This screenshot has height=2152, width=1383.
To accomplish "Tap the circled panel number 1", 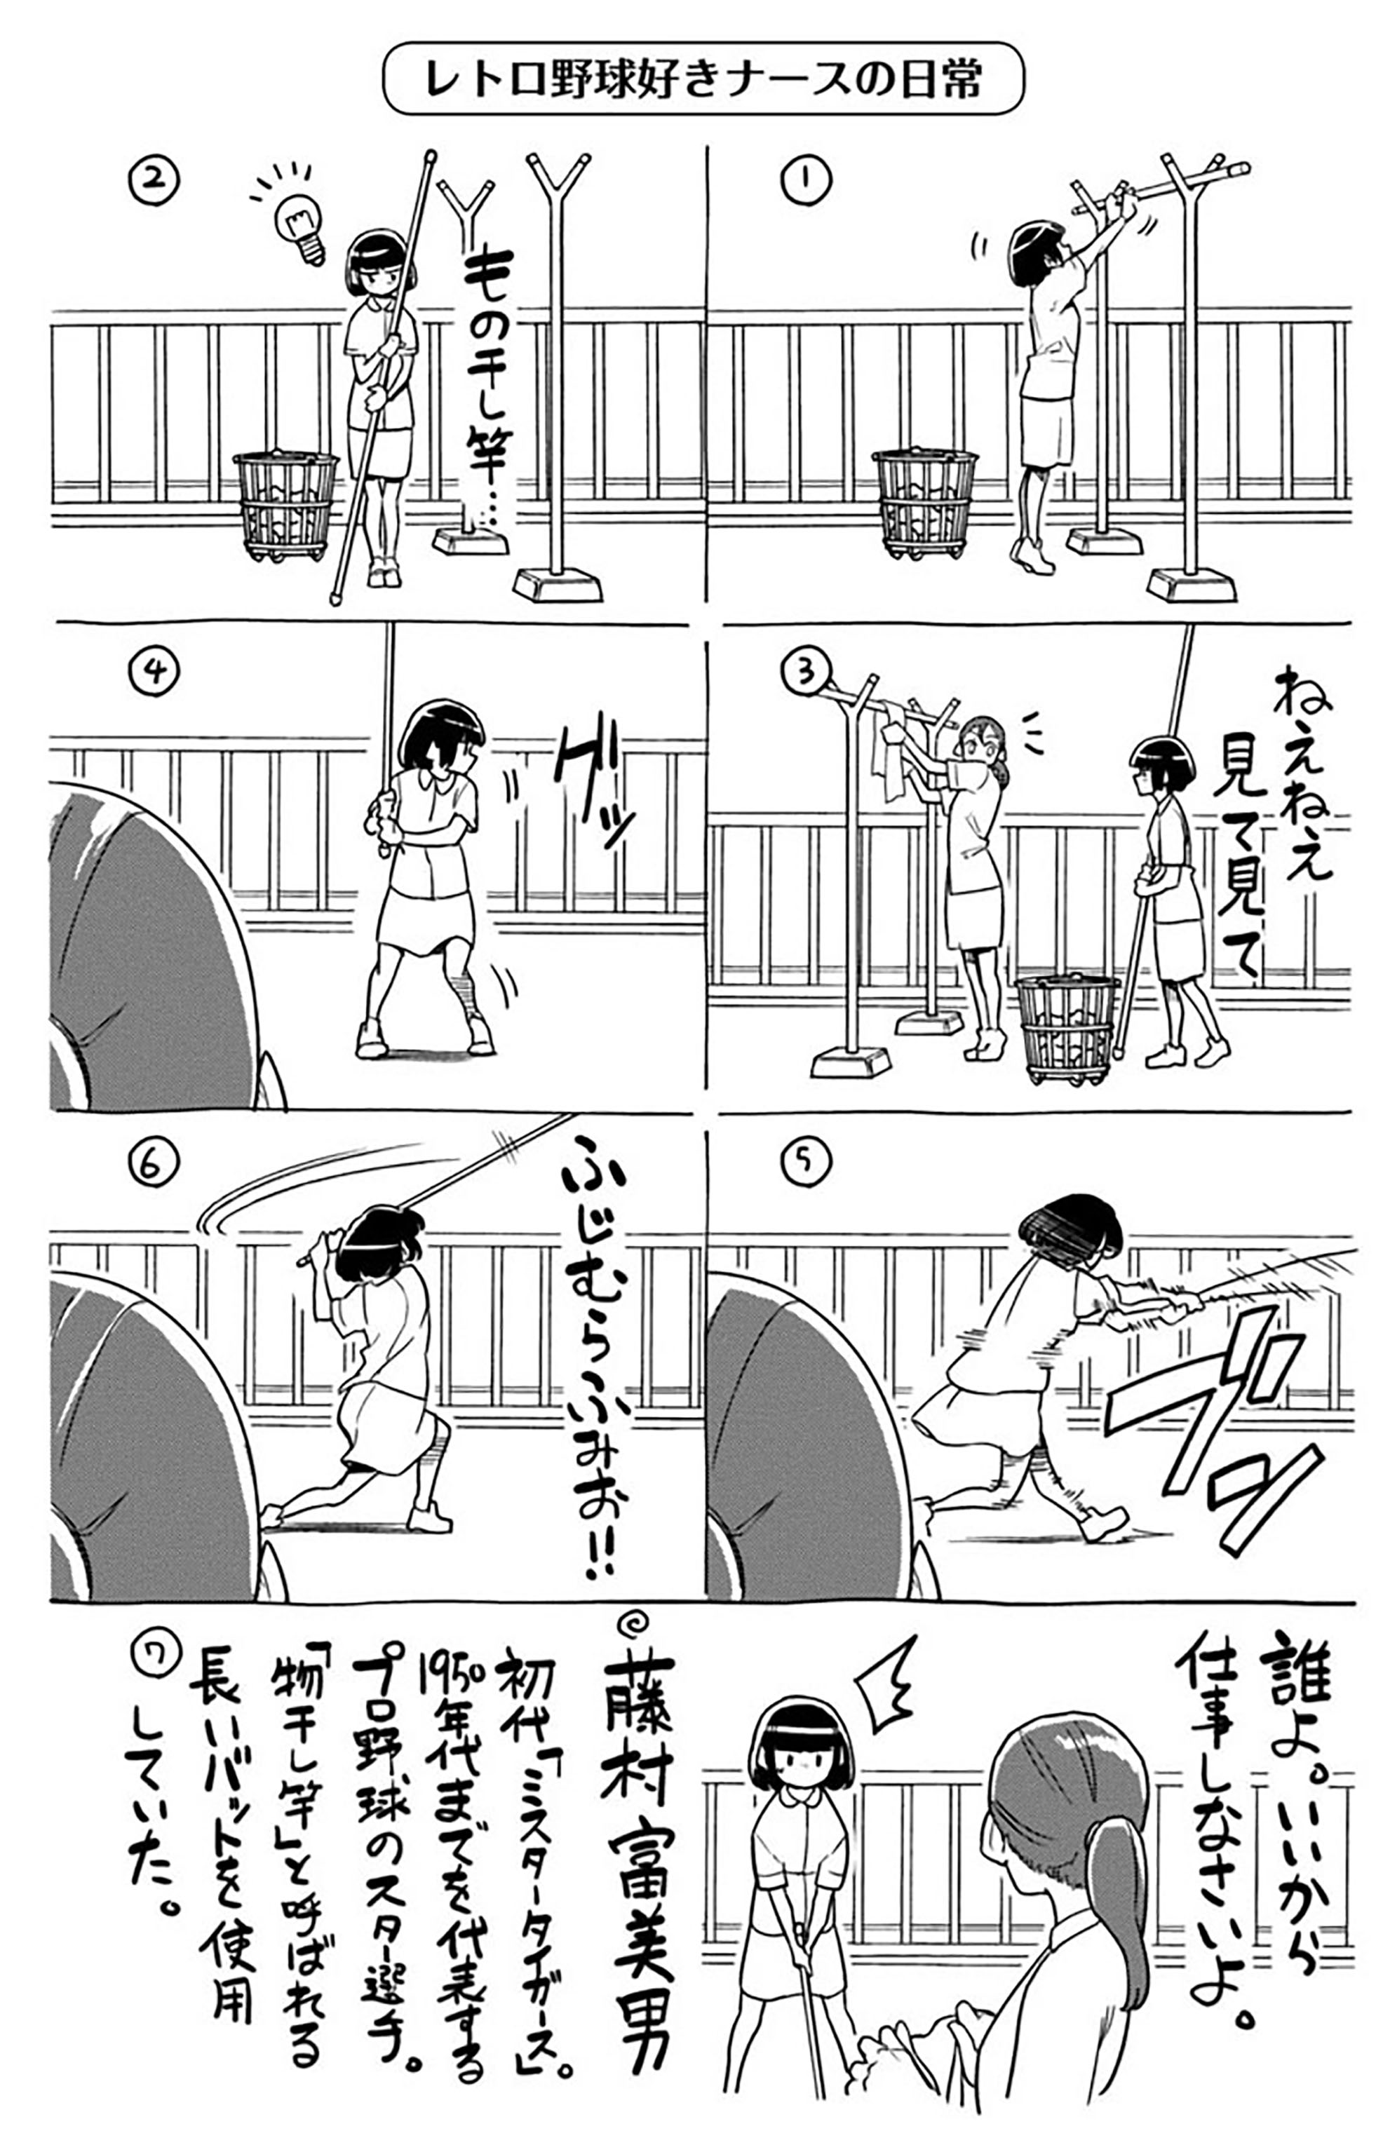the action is pos(806,179).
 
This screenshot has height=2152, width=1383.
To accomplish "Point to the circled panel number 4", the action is pos(154,670).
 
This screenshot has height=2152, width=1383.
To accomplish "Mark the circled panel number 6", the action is pos(150,1165).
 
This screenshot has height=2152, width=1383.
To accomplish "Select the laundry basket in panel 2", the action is pos(285,506).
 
